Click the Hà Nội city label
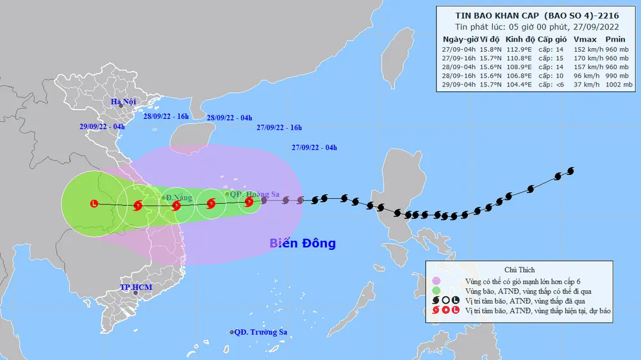click(124, 102)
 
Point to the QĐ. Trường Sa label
click(260, 332)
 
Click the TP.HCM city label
click(137, 287)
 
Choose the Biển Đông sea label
click(302, 243)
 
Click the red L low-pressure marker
click(95, 204)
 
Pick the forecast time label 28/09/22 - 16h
click(166, 117)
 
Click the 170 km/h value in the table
click(576, 57)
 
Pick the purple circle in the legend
click(437, 281)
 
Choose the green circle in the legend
click(437, 291)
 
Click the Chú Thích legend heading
click(519, 270)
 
